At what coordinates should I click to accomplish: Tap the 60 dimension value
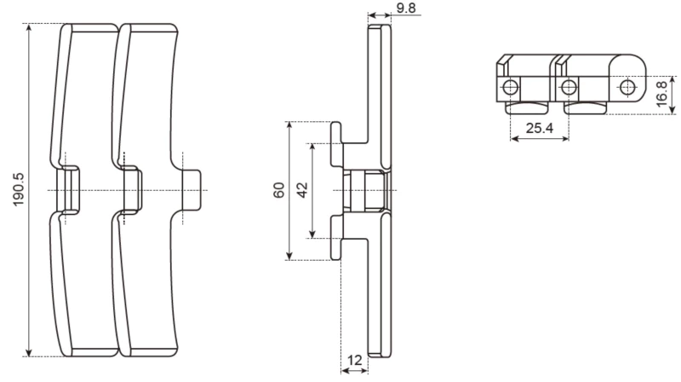[278, 191]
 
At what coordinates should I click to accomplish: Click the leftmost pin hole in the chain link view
[509, 87]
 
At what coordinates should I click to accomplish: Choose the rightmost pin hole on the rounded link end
[627, 86]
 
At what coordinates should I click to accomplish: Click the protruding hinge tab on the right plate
[194, 188]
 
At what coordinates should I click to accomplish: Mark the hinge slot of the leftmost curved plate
[66, 188]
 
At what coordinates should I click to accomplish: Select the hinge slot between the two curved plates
[130, 188]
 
